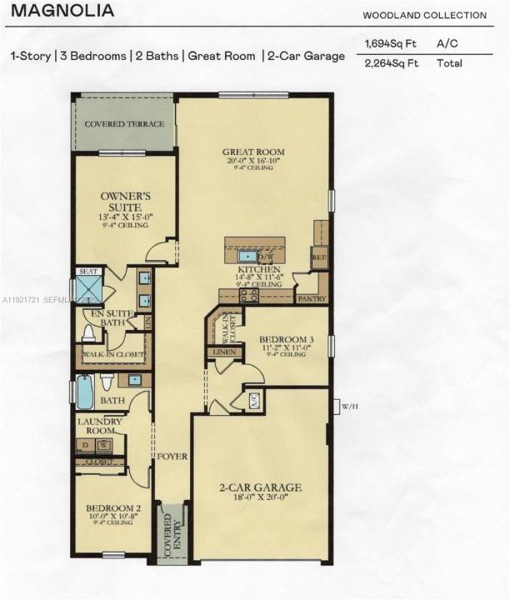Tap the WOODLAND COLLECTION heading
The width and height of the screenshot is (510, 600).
(x=424, y=15)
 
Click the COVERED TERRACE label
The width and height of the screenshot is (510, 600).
(x=125, y=124)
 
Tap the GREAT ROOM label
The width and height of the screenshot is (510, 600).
(x=253, y=152)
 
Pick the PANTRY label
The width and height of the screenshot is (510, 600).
(x=310, y=297)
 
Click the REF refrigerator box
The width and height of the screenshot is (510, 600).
(x=320, y=257)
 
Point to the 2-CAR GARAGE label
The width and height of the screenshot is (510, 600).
(x=261, y=487)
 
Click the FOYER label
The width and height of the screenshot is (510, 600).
(x=172, y=457)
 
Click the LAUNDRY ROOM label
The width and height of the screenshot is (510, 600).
(x=100, y=426)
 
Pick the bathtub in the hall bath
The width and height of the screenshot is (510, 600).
(x=85, y=392)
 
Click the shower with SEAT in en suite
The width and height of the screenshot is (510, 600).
(x=88, y=287)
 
